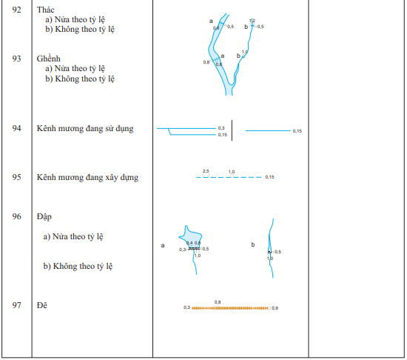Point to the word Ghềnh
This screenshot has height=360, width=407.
point(49,58)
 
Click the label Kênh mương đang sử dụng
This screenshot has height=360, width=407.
point(85,128)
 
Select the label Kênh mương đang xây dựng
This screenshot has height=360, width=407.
point(87,177)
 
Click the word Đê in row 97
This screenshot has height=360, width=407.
point(41,305)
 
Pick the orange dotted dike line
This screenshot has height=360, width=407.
point(229,307)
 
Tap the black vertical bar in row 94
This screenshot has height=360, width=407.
point(233,130)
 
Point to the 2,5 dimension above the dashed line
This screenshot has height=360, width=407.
point(206,171)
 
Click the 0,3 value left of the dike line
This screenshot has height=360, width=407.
point(186,307)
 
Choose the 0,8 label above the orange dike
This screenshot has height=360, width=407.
point(218,301)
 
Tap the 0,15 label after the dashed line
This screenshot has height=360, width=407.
point(270,177)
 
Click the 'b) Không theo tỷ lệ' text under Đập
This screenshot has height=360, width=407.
point(78,266)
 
